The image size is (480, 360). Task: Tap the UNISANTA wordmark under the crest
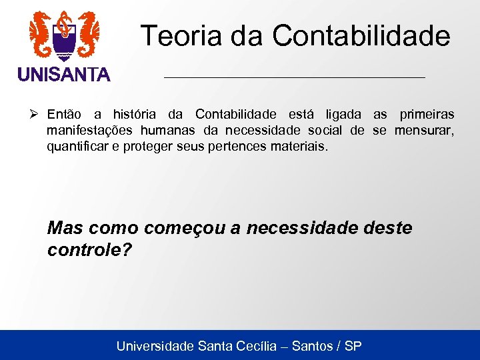(x=64, y=75)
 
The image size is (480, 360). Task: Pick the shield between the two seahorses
(x=64, y=40)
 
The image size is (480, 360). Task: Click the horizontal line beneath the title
(x=294, y=78)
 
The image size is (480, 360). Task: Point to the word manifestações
(x=90, y=130)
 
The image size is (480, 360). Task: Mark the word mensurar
(x=424, y=130)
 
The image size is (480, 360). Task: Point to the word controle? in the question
(x=90, y=250)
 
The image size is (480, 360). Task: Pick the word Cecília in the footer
(x=265, y=346)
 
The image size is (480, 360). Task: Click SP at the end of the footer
(x=353, y=346)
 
